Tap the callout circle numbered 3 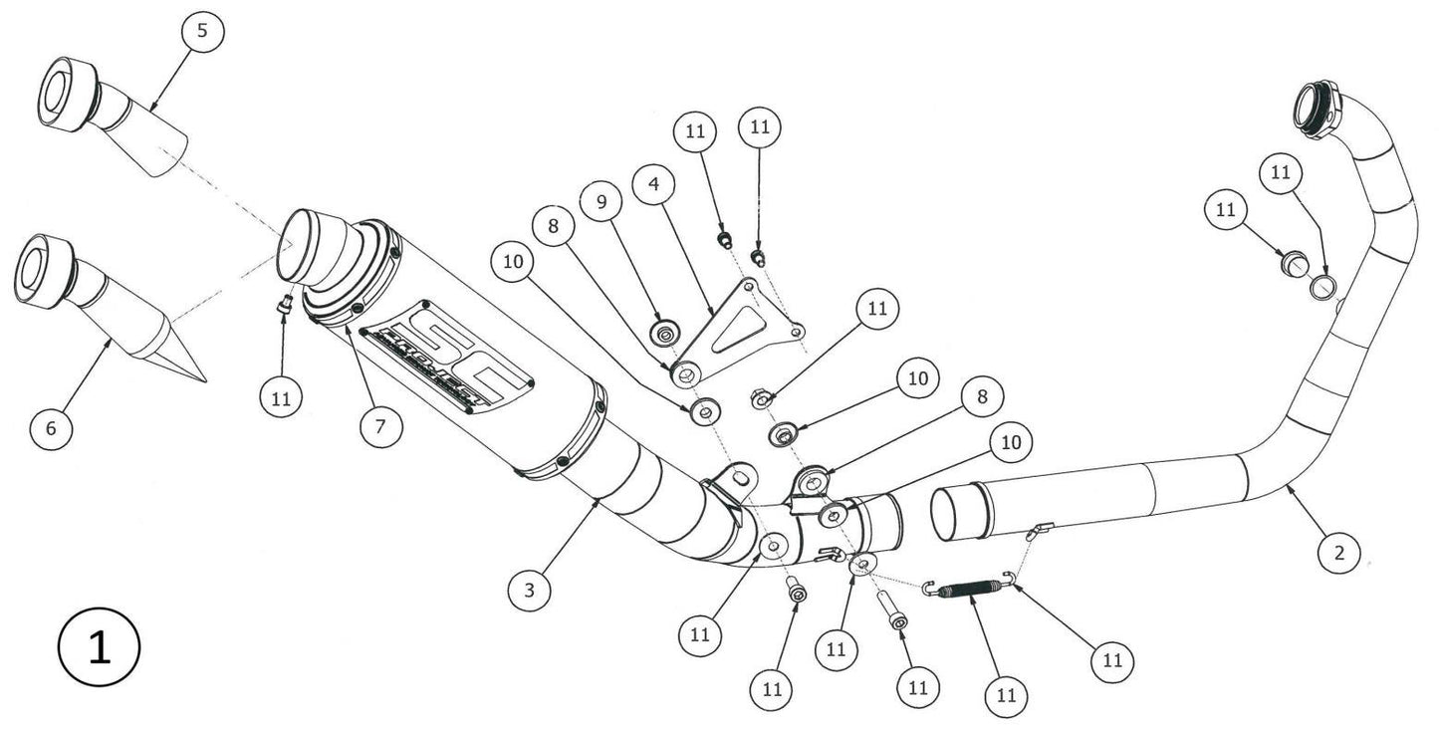click(x=529, y=591)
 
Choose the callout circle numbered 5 click(x=202, y=31)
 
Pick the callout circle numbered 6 click(x=52, y=428)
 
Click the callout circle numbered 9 click(x=600, y=202)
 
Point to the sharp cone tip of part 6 click(x=199, y=378)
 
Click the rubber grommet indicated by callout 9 click(x=662, y=332)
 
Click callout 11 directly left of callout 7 click(x=280, y=398)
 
